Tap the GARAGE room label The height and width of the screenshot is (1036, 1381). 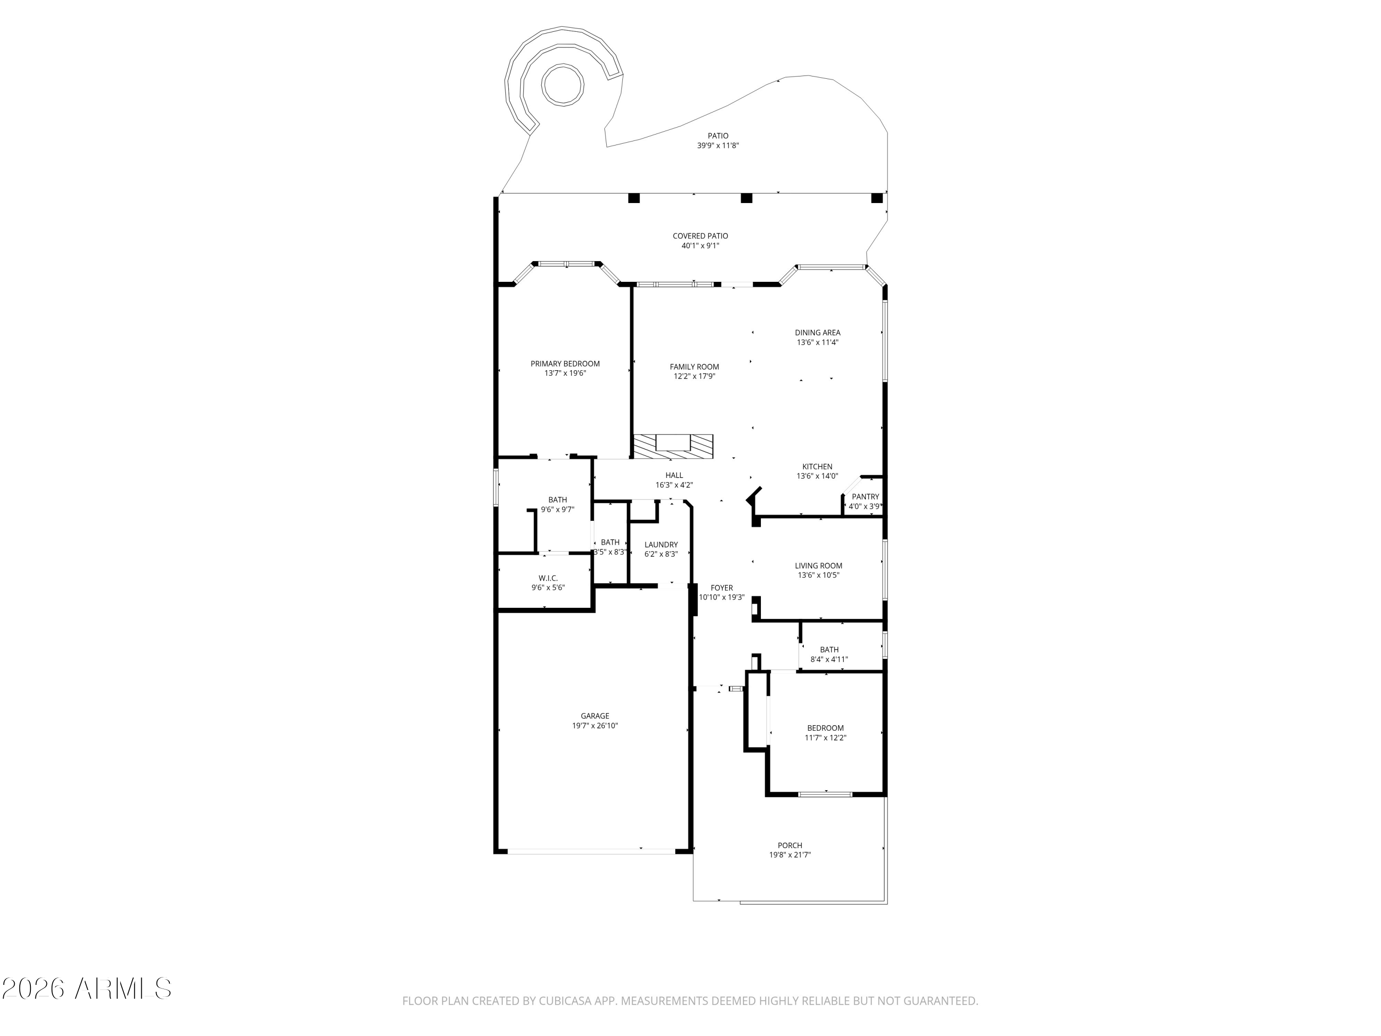pyautogui.click(x=595, y=716)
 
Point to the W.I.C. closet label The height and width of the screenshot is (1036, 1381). pyautogui.click(x=548, y=578)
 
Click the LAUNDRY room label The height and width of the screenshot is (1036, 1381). pyautogui.click(x=661, y=545)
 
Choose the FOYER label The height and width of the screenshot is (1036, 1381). pyautogui.click(x=722, y=588)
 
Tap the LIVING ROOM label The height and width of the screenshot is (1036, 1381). pyautogui.click(x=818, y=566)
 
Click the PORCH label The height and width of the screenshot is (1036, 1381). pyautogui.click(x=790, y=845)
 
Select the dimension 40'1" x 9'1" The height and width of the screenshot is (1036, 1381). pyautogui.click(x=701, y=246)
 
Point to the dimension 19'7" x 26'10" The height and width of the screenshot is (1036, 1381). pyautogui.click(x=595, y=726)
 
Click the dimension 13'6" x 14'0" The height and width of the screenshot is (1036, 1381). pyautogui.click(x=817, y=476)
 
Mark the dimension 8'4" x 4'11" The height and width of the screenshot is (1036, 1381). pyautogui.click(x=829, y=659)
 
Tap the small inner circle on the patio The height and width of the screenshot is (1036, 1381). pyautogui.click(x=563, y=85)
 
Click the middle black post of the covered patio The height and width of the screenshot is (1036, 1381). pyautogui.click(x=746, y=198)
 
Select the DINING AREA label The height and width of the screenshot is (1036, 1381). pyautogui.click(x=817, y=333)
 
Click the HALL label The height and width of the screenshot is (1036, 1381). pyautogui.click(x=674, y=475)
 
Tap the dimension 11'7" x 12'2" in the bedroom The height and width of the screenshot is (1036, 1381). pyautogui.click(x=825, y=738)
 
